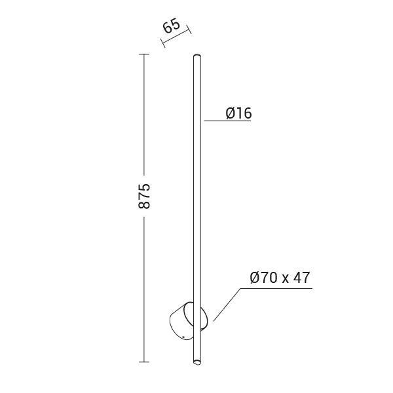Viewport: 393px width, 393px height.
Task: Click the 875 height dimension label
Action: pyautogui.click(x=144, y=196)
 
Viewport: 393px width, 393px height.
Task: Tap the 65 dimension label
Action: pyautogui.click(x=172, y=26)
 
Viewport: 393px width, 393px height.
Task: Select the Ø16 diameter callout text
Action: pyautogui.click(x=238, y=113)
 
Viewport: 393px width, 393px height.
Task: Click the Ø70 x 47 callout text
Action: pyautogui.click(x=280, y=278)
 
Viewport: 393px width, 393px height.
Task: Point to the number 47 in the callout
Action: pyautogui.click(x=302, y=278)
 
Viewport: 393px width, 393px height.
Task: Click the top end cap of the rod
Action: pyautogui.click(x=197, y=56)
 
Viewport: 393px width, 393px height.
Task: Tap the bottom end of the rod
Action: pyautogui.click(x=197, y=362)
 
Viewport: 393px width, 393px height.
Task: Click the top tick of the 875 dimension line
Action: pyautogui.click(x=144, y=54)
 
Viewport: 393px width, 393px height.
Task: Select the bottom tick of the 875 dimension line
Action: pyautogui.click(x=144, y=362)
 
